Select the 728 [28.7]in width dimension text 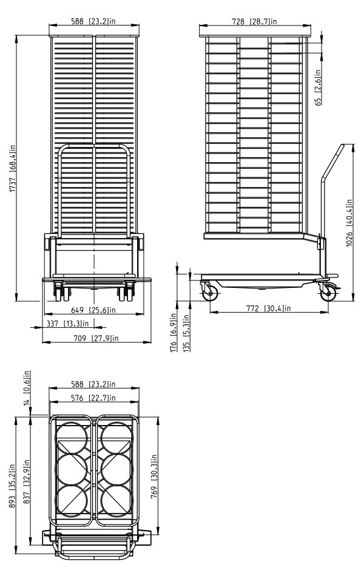coord(254,21)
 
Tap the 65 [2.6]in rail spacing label coord(318,87)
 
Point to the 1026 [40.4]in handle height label coord(349,223)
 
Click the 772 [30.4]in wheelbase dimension coord(268,308)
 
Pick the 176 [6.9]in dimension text coord(174,332)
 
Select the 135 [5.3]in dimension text coord(186,333)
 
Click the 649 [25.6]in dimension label coord(93,310)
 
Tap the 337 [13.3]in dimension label coord(68,324)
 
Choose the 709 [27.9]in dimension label coord(96,338)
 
